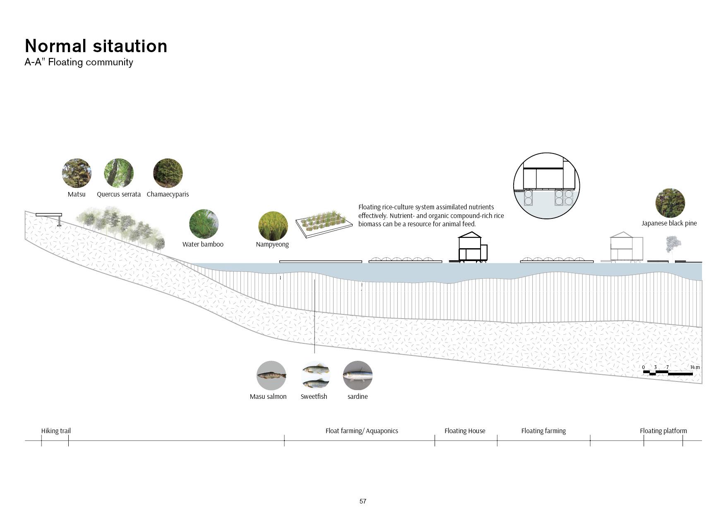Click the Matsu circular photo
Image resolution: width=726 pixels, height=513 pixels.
coord(77,173)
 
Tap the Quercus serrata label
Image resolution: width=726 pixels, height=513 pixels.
coord(119,194)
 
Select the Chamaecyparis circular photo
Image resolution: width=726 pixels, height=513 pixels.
coord(168,173)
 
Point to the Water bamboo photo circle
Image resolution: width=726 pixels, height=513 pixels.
coord(204,224)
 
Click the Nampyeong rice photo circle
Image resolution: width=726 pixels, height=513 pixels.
coord(273,226)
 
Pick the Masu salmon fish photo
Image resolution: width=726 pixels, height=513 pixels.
coord(271,375)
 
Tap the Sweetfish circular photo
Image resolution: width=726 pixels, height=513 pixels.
coord(316,375)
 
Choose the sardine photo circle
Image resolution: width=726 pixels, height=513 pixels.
coord(358,375)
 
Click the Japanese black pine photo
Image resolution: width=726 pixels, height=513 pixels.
coord(670,203)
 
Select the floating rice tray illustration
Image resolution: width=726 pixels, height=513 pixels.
coord(324,223)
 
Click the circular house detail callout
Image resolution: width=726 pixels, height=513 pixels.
coord(546,185)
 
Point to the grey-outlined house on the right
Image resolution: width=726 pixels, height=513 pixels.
coord(627,247)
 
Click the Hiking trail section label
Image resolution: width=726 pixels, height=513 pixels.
coord(56,431)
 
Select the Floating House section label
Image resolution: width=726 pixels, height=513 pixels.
coord(465,431)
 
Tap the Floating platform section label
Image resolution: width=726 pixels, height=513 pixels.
coord(663,431)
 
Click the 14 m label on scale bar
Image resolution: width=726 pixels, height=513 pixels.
coord(695,367)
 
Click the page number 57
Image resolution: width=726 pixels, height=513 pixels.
coord(363,501)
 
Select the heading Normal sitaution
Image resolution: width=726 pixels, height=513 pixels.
coord(96,46)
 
